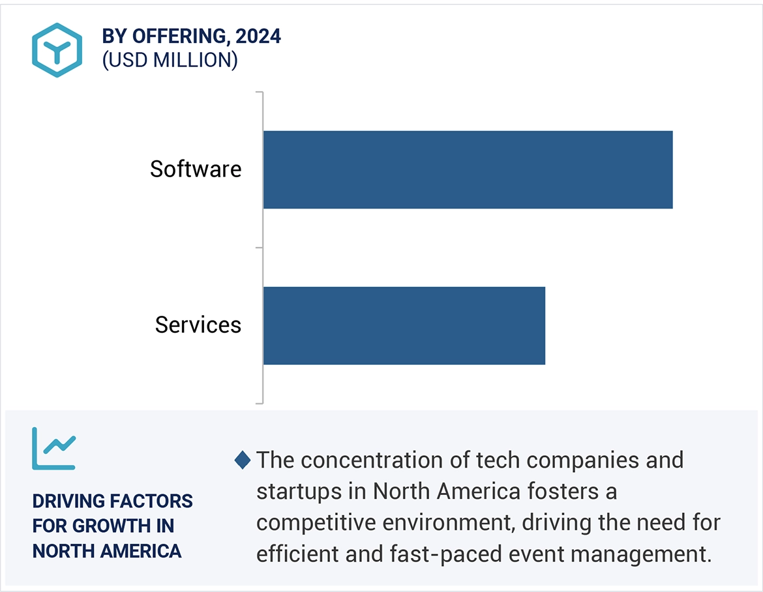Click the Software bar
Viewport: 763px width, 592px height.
coord(468,169)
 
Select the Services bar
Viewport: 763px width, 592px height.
coord(404,325)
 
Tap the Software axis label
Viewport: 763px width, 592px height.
coord(196,169)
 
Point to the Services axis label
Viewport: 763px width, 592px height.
coord(198,325)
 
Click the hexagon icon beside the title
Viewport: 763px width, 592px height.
coord(57,50)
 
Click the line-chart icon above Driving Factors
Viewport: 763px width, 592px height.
coord(54,448)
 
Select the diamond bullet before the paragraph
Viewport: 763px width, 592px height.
coord(242,460)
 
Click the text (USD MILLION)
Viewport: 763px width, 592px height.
coord(170,60)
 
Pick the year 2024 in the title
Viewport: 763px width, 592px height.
coord(258,36)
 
